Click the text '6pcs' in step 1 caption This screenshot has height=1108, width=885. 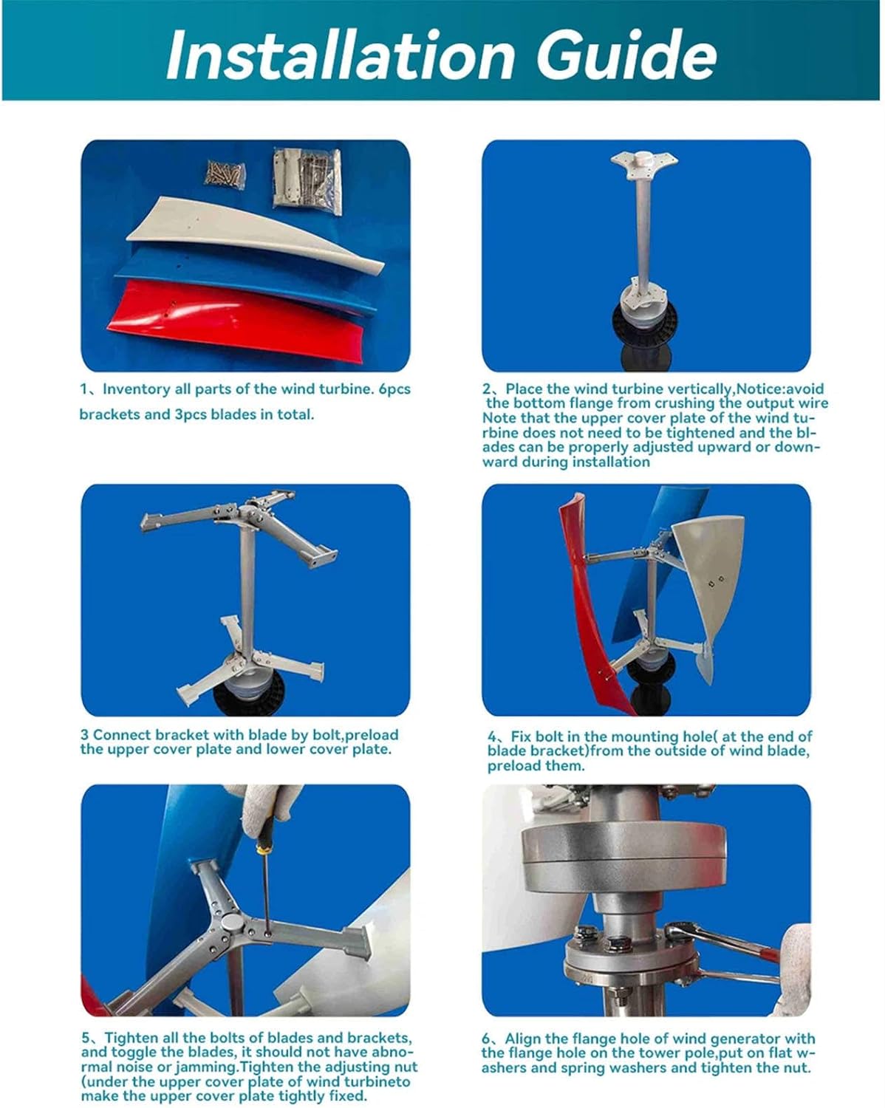point(394,389)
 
